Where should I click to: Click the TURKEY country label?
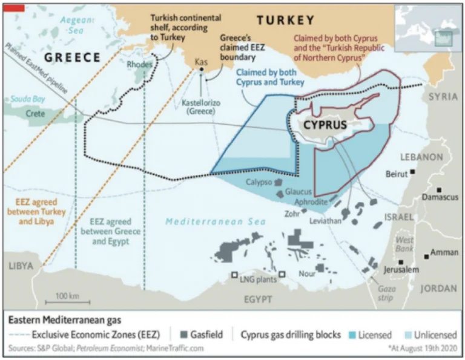pyautogui.click(x=285, y=20)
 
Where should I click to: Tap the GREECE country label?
pyautogui.click(x=73, y=57)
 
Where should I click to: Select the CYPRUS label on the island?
pyautogui.click(x=325, y=125)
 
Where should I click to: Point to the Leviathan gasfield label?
pyautogui.click(x=326, y=221)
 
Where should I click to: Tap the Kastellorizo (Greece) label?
pyautogui.click(x=202, y=108)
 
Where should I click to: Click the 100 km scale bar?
pyautogui.click(x=67, y=301)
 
